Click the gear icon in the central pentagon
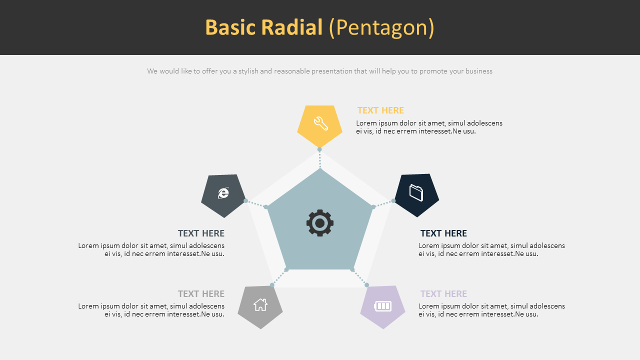(x=320, y=223)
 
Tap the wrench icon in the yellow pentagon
(x=320, y=123)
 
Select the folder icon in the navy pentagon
(x=416, y=192)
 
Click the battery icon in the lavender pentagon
(x=383, y=306)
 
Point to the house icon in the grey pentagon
(x=260, y=304)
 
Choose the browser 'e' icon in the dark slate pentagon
(x=223, y=193)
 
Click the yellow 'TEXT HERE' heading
(x=380, y=110)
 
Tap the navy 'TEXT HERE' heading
(x=443, y=233)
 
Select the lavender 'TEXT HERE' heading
(x=443, y=294)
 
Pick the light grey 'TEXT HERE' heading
(x=201, y=294)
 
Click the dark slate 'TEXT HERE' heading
(x=201, y=233)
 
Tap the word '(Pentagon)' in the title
(x=381, y=27)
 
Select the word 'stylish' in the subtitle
(x=248, y=71)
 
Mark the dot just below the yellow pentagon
(x=319, y=149)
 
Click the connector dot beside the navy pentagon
(x=393, y=200)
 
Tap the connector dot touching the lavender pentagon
(x=366, y=285)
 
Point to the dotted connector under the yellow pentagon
(x=320, y=159)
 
